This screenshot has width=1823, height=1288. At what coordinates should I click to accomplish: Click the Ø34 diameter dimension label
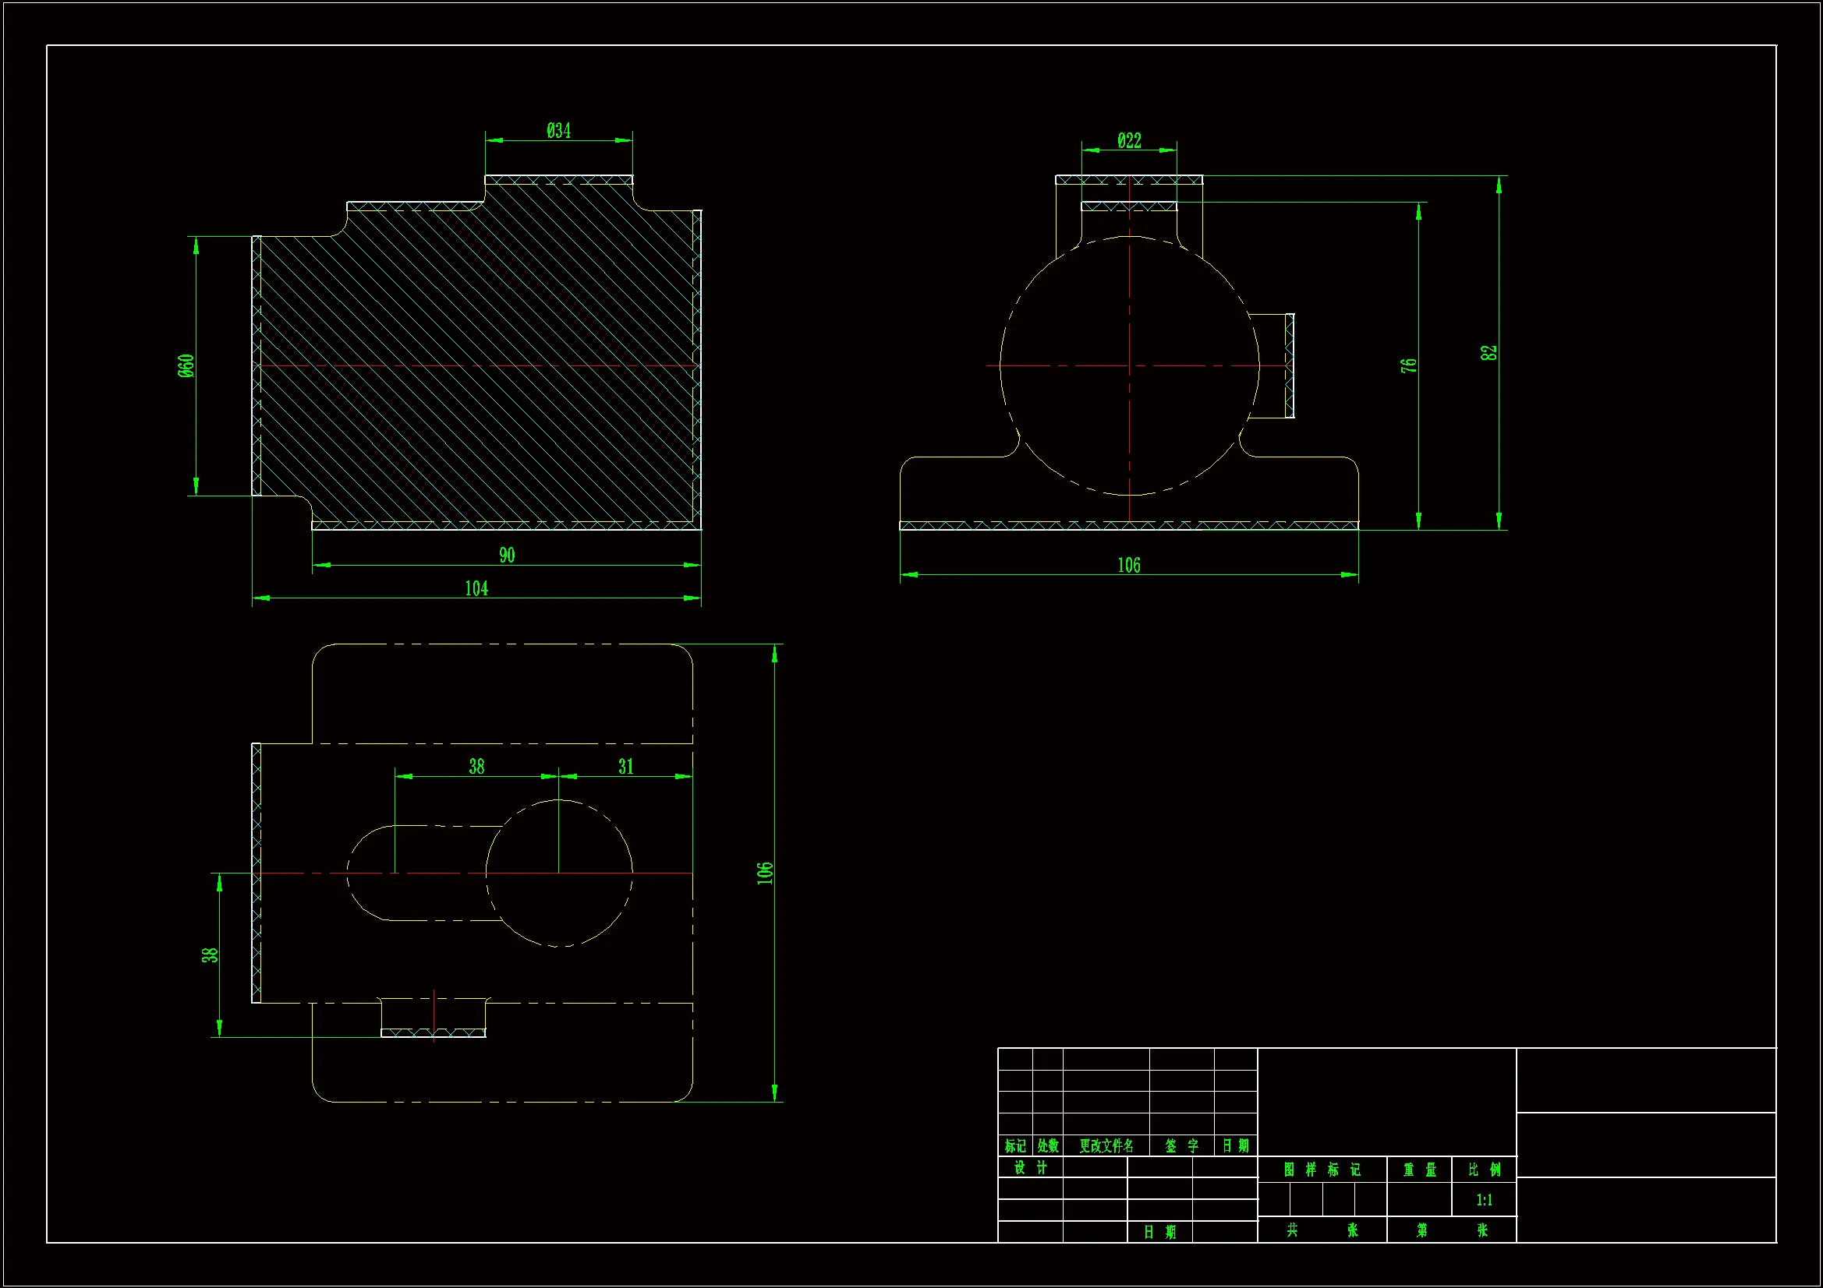pyautogui.click(x=558, y=131)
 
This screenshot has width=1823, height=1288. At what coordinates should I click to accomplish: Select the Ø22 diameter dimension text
pyautogui.click(x=1129, y=141)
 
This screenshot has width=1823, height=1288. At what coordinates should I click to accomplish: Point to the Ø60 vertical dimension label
pyautogui.click(x=186, y=366)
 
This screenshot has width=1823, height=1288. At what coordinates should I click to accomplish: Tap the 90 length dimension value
pyautogui.click(x=507, y=556)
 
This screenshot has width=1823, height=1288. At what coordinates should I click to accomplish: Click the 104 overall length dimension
pyautogui.click(x=476, y=589)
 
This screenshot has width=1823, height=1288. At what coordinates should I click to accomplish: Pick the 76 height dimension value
pyautogui.click(x=1407, y=366)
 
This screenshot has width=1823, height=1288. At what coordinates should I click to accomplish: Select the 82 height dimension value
pyautogui.click(x=1488, y=353)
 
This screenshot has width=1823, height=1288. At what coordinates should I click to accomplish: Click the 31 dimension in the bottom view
pyautogui.click(x=625, y=767)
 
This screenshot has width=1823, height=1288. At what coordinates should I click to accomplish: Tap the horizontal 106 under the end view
pyautogui.click(x=1128, y=566)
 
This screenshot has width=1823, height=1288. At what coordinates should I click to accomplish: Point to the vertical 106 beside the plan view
pyautogui.click(x=764, y=872)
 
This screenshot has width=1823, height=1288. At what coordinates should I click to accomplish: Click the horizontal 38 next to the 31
pyautogui.click(x=476, y=767)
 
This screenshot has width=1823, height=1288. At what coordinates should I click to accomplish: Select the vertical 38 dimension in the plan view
pyautogui.click(x=209, y=955)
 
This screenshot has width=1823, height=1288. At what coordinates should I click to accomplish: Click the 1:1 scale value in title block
pyautogui.click(x=1484, y=1200)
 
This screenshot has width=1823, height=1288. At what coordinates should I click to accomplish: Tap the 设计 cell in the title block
pyautogui.click(x=1030, y=1167)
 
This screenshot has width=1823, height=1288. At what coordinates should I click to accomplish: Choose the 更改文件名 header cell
pyautogui.click(x=1106, y=1146)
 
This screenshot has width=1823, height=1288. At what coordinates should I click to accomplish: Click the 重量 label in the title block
pyautogui.click(x=1420, y=1170)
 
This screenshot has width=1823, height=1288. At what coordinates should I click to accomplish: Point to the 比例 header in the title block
pyautogui.click(x=1484, y=1170)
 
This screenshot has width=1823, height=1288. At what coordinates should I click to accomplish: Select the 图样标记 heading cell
pyautogui.click(x=1322, y=1170)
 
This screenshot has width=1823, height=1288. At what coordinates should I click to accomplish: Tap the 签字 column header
pyautogui.click(x=1181, y=1146)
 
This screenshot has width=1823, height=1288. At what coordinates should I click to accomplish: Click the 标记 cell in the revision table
pyautogui.click(x=1014, y=1146)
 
